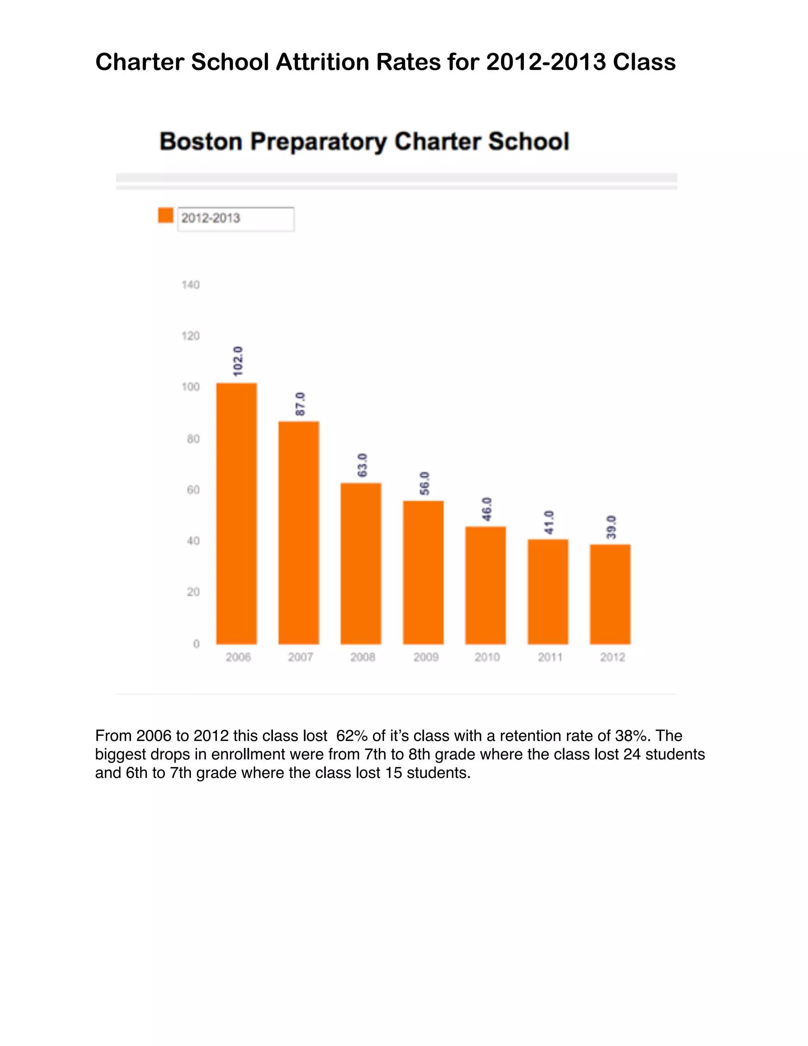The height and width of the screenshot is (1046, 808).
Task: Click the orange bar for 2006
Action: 236,514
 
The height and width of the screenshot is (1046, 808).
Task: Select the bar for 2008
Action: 361,563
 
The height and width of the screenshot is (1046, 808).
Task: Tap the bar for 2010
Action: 485,585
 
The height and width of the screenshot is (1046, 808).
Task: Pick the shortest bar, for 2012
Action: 610,594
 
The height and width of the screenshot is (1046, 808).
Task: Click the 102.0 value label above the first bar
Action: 238,361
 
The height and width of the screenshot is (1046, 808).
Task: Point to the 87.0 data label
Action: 300,404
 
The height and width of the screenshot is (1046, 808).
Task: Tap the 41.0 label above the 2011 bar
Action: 549,522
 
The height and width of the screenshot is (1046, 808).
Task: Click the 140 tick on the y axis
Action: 191,285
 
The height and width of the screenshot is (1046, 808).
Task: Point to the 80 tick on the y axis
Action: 193,439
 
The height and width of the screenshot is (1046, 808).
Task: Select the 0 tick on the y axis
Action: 196,644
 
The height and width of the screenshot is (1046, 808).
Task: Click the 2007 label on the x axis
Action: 300,657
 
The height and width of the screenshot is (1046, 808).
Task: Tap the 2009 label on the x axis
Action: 426,657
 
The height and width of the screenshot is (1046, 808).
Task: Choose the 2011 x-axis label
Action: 550,657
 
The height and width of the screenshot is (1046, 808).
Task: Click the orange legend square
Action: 166,215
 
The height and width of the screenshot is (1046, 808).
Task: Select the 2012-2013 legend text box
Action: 236,219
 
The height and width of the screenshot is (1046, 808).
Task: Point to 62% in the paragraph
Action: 352,736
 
